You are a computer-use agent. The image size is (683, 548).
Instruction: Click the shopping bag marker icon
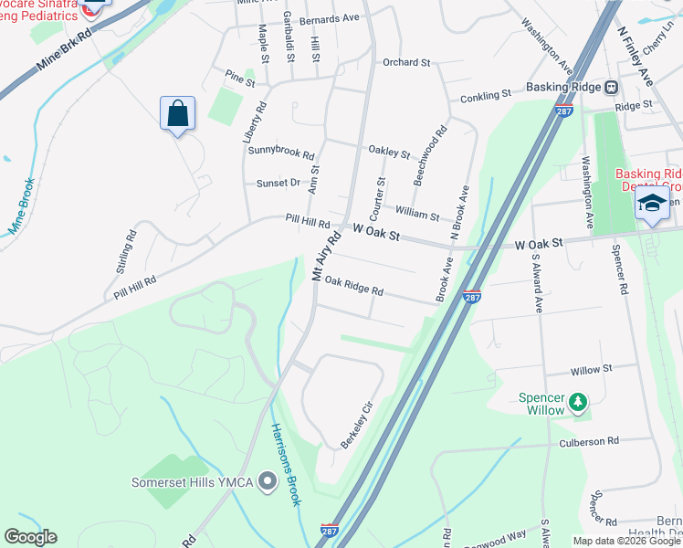[x=178, y=114]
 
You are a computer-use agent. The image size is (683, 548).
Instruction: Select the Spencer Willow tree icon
[x=577, y=401]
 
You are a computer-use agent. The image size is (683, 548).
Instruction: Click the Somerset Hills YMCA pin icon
[x=267, y=480]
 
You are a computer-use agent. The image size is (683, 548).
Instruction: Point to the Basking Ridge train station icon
[x=611, y=88]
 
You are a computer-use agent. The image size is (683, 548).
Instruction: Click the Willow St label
[x=591, y=370]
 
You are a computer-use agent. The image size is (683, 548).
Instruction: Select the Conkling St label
[x=485, y=96]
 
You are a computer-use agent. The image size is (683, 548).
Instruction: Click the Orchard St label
[x=406, y=63]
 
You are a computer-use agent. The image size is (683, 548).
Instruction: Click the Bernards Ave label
[x=335, y=17]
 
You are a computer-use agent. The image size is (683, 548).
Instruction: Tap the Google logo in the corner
[x=30, y=537]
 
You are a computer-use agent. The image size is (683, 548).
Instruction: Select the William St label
[x=417, y=214]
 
